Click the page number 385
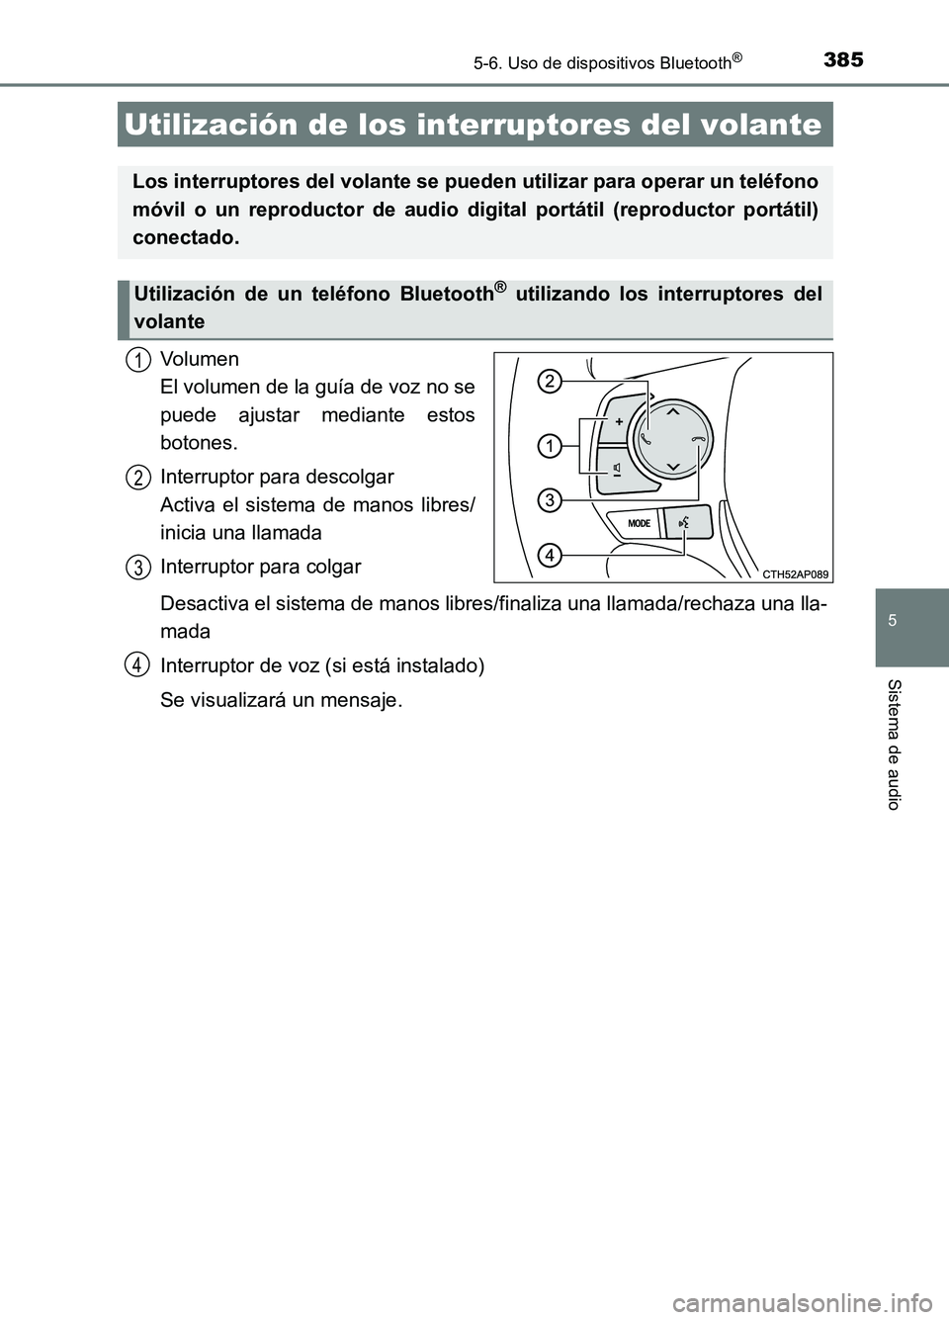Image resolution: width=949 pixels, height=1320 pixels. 841,59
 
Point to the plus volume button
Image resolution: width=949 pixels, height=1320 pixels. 618,421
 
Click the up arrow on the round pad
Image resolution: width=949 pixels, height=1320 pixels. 672,409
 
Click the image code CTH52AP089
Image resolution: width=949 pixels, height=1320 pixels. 796,572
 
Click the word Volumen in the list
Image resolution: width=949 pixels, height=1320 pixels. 199,359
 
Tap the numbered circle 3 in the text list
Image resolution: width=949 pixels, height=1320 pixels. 139,567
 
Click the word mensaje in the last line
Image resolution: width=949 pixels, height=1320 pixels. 366,700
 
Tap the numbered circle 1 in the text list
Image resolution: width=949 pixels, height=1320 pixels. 139,359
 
